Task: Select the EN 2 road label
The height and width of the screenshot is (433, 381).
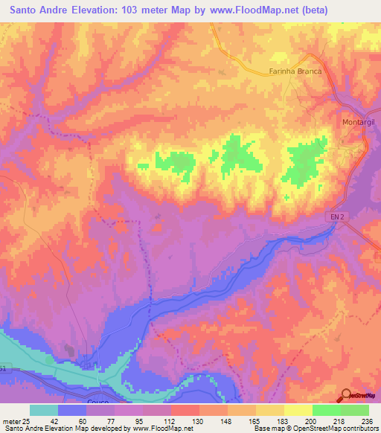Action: coord(339,216)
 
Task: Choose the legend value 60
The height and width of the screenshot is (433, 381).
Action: coord(92,420)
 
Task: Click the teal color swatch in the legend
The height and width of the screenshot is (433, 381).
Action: coord(43,410)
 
